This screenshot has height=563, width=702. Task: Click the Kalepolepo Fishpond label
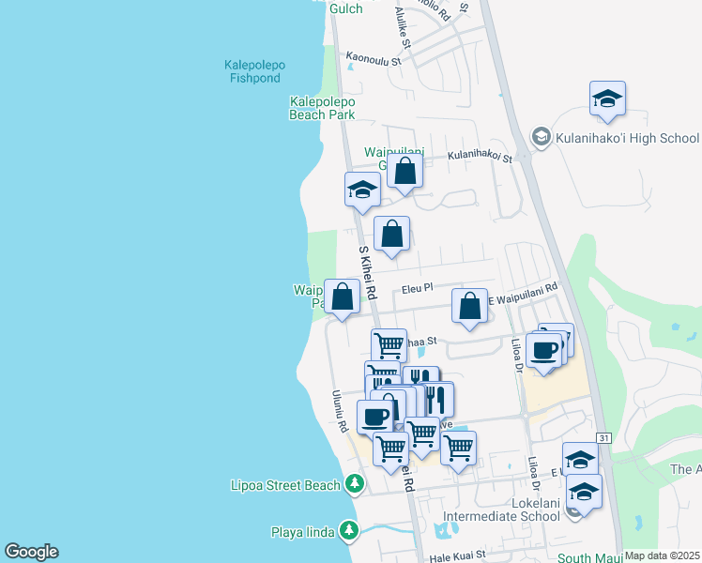(254, 71)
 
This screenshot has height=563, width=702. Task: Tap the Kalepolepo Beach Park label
(322, 108)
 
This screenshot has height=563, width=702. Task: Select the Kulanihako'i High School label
(627, 138)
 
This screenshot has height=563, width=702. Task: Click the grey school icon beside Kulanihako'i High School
(541, 138)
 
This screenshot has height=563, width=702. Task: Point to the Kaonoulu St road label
(374, 58)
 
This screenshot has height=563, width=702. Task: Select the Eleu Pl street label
(415, 289)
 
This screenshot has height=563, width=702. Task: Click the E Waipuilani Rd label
(524, 294)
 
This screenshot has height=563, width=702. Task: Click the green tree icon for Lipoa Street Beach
(354, 484)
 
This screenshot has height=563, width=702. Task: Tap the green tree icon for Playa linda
(348, 530)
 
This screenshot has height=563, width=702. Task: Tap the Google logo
(31, 552)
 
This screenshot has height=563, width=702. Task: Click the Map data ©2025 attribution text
(663, 555)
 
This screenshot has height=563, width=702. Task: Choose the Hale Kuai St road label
(458, 555)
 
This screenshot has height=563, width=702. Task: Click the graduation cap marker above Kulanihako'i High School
(608, 99)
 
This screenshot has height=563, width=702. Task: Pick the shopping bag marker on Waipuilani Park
(343, 297)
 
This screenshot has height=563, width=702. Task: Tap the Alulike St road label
(403, 27)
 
